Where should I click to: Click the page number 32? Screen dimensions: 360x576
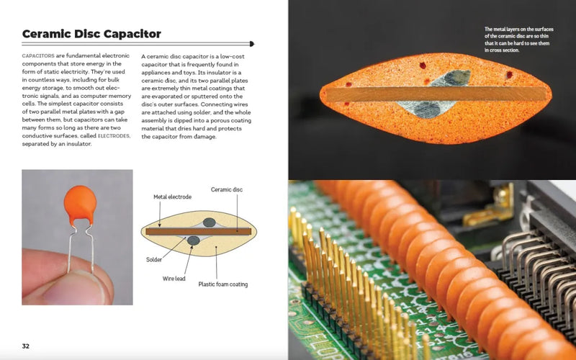tap(26, 346)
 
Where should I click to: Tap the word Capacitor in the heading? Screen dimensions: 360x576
tap(132, 34)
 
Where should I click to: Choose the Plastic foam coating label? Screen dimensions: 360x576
tap(223, 284)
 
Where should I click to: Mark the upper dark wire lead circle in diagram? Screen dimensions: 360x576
tap(209, 223)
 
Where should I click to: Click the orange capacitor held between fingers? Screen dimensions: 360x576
tap(78, 202)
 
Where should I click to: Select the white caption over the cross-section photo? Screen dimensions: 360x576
tap(517, 40)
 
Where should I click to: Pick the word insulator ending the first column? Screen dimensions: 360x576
tap(75, 144)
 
